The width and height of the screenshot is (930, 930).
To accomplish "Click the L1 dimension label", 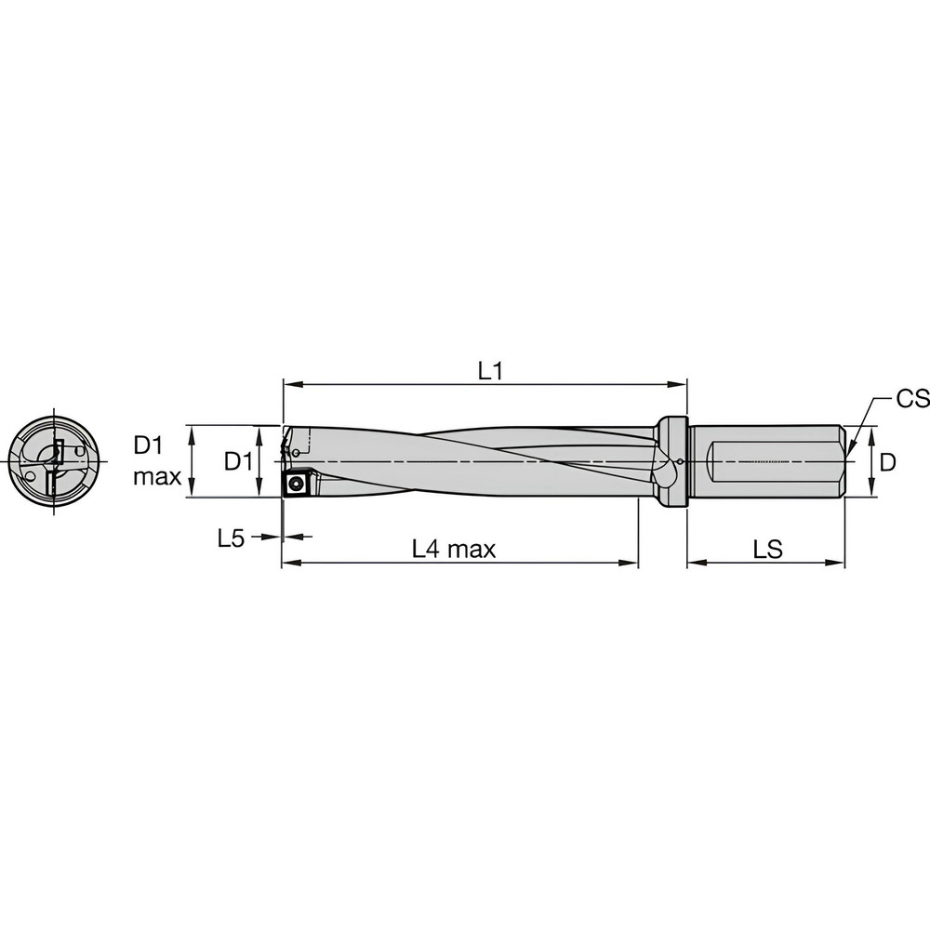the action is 490,371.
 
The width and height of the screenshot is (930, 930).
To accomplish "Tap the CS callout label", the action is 912,399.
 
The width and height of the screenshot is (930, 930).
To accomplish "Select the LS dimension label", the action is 768,550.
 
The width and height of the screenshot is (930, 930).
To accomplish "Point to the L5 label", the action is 231,538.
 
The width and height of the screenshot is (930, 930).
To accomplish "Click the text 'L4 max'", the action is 454,550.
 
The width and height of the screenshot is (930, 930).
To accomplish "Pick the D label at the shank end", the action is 887,462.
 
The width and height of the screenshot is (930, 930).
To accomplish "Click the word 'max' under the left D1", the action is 157,476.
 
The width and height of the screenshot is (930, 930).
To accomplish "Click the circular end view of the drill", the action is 54,461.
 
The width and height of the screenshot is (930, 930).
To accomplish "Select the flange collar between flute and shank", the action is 672,461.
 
